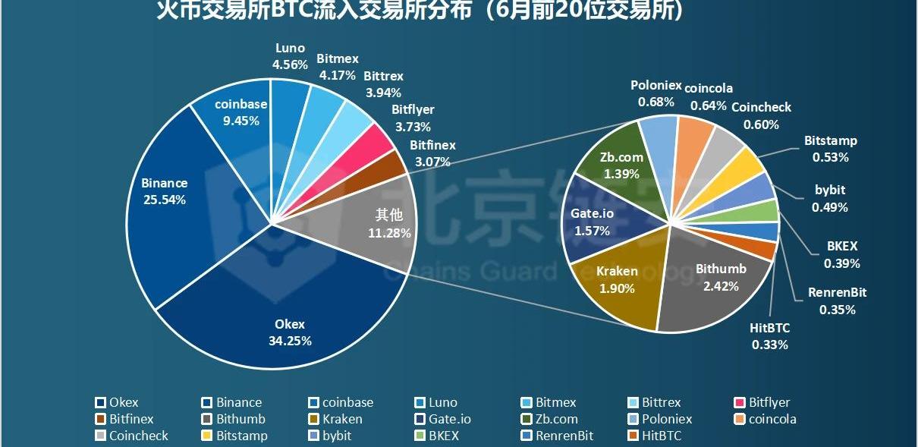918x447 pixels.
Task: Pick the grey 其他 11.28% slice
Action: pos(364,220)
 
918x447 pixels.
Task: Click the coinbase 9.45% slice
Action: pos(235,121)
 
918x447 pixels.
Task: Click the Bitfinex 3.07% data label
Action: pos(432,153)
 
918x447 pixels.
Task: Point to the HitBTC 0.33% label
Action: pos(770,336)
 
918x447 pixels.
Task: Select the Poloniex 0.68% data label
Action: pos(656,93)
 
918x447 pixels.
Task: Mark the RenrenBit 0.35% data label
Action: pos(838,301)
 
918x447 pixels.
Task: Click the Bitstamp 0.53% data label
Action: pos(830,149)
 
